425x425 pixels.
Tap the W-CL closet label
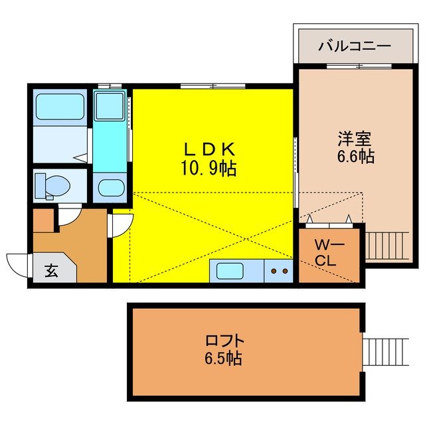click(x=329, y=253)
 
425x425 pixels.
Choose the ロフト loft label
click(x=224, y=341)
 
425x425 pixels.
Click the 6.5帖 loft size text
click(x=224, y=359)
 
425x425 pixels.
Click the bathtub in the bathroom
click(x=59, y=106)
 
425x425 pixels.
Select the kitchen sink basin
click(x=229, y=271)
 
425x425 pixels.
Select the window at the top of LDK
click(x=212, y=86)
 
